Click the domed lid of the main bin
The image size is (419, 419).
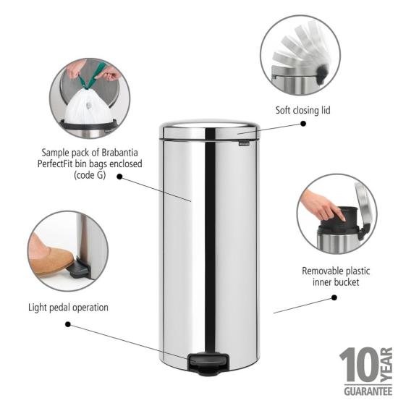(x=209, y=130)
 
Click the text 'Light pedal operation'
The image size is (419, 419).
(x=69, y=307)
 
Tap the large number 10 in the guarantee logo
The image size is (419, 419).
(x=358, y=366)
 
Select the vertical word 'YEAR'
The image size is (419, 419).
(x=385, y=366)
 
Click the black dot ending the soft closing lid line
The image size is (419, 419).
(x=303, y=124)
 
